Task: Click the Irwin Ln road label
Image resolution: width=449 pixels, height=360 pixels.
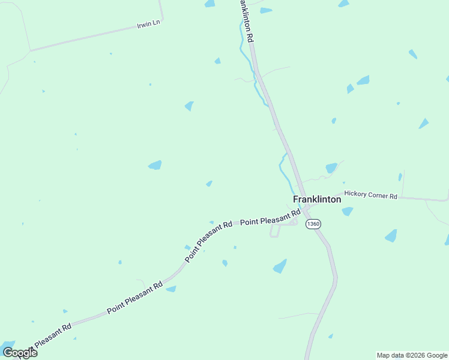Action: pos(149,23)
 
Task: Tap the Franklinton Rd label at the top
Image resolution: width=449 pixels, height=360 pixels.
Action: pos(247,20)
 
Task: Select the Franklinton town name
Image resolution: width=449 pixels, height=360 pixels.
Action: pos(317,199)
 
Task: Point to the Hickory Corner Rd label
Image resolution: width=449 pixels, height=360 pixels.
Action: pos(371,196)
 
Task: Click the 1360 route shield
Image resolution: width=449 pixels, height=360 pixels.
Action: pos(313,224)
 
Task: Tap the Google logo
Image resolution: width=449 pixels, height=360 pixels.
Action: pos(20,353)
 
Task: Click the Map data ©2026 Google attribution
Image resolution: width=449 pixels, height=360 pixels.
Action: pos(412,355)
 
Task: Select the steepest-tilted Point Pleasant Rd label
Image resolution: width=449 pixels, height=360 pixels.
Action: pos(208,242)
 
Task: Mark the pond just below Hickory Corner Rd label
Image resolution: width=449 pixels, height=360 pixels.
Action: pos(348,211)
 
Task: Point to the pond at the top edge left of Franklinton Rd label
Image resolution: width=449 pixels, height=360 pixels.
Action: pos(209,4)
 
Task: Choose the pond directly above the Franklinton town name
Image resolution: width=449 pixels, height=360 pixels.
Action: pos(331,168)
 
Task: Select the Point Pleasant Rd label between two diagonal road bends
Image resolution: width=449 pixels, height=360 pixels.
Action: pos(134,298)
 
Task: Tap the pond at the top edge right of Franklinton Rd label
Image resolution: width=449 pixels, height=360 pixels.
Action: pos(265,10)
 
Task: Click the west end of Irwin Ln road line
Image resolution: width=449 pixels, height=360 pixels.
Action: pos(30,50)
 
